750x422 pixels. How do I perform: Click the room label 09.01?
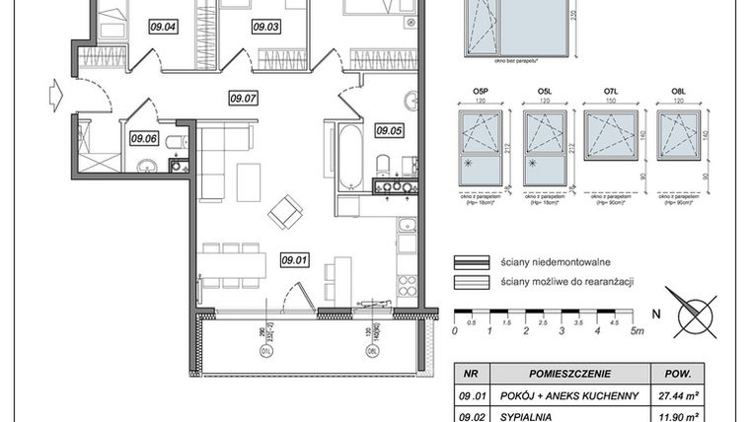click(x=294, y=260)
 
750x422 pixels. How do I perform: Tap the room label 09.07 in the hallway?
click(x=243, y=98)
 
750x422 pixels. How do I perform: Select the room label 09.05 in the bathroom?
click(x=390, y=129)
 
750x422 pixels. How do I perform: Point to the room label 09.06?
click(x=144, y=138)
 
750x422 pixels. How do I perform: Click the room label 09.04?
click(x=163, y=27)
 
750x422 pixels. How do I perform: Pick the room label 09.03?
click(x=266, y=27)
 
